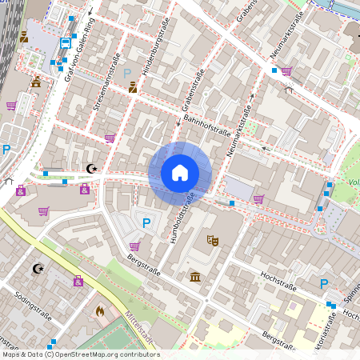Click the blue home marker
(x=180, y=173)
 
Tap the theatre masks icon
(x=213, y=239)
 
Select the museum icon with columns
(x=195, y=277)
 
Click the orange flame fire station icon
(x=100, y=310)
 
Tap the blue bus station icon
(x=64, y=43)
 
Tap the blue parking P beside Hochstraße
(x=323, y=284)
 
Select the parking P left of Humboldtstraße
(x=146, y=223)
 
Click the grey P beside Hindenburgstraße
(x=127, y=73)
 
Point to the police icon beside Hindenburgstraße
(x=133, y=88)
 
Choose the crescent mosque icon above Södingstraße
(x=37, y=268)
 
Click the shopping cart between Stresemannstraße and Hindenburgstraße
(x=110, y=138)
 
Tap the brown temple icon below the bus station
(x=36, y=82)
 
